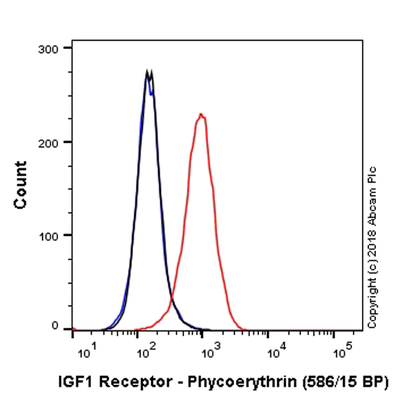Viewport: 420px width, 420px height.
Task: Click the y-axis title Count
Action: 21,185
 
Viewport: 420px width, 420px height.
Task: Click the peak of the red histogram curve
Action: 201,114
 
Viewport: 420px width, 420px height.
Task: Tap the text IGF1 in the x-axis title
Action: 71,382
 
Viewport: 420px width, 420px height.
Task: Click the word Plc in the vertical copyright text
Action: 372,176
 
